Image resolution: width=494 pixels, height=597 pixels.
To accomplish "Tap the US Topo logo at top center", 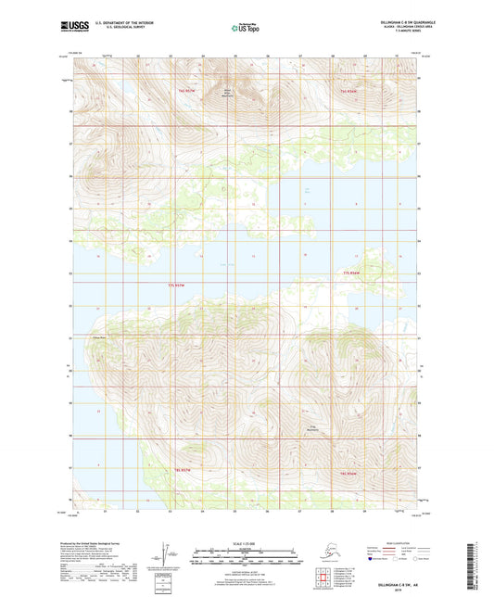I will coord(246,29).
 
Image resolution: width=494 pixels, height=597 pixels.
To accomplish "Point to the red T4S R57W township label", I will coord(186,91).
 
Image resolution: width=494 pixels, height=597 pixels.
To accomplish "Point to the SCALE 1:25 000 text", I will coord(246,542).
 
